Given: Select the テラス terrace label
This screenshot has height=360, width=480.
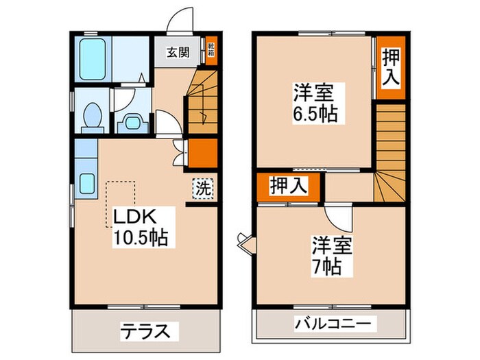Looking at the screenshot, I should pyautogui.click(x=146, y=331).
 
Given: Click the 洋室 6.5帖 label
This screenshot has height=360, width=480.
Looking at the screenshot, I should pyautogui.click(x=316, y=102).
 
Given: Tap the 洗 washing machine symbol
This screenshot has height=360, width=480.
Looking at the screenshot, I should pyautogui.click(x=203, y=187).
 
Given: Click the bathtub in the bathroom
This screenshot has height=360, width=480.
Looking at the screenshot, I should pyautogui.click(x=92, y=59).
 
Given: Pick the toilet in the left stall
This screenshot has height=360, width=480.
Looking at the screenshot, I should pyautogui.click(x=91, y=117).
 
